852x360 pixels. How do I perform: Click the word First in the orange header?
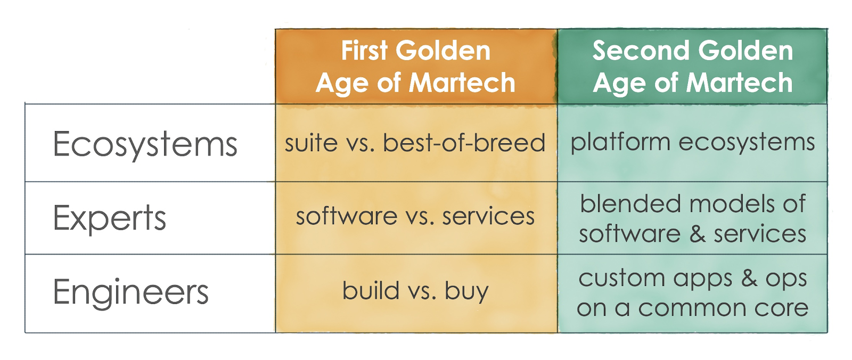pyautogui.click(x=364, y=51)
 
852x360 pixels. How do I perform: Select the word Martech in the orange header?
pyautogui.click(x=462, y=83)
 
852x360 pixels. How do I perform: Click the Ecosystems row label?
pyautogui.click(x=145, y=145)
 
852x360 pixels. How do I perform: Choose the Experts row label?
pyautogui.click(x=110, y=218)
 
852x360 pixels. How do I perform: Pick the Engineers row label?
pyautogui.click(x=130, y=292)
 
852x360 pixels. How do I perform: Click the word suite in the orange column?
pyautogui.click(x=311, y=143)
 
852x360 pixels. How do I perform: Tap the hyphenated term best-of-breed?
pyautogui.click(x=464, y=143)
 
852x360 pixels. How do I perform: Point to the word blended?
pyautogui.click(x=630, y=203)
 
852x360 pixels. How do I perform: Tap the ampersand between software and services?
pyautogui.click(x=698, y=234)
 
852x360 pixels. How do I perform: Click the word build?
pyautogui.click(x=371, y=291)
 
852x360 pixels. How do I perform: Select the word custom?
pyautogui.click(x=621, y=279)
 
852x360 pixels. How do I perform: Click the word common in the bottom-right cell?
pyautogui.click(x=692, y=309)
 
